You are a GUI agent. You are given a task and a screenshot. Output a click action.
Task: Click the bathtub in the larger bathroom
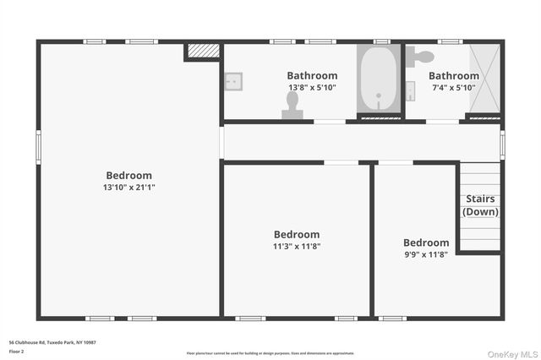coord(378,81)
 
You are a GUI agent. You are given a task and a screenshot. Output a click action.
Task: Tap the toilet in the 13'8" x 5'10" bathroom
coord(292,106)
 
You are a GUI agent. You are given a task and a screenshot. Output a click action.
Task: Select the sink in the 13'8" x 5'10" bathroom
coord(233,81)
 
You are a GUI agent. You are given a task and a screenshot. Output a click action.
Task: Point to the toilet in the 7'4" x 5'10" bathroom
coord(420,57)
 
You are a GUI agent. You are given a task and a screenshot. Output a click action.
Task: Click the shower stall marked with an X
coord(484,79)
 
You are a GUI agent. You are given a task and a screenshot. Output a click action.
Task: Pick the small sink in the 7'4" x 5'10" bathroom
coord(410,90)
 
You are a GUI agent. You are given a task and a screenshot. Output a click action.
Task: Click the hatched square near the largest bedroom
coord(203,52)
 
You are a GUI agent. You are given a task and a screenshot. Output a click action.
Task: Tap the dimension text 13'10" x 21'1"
coord(129,187)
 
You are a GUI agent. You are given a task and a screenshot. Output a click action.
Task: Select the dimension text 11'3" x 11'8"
coord(297,246)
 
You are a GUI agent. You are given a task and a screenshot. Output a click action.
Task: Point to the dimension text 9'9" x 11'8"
coord(426,254)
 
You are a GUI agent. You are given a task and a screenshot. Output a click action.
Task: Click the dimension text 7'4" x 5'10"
coord(454,87)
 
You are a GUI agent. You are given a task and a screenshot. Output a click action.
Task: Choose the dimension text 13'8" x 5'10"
coord(312,87)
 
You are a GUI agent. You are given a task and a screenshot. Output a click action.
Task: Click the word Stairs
coord(480,199)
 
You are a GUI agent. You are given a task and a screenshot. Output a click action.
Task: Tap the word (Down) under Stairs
coord(480,211)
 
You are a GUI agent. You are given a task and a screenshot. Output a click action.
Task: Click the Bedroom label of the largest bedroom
coord(129,175)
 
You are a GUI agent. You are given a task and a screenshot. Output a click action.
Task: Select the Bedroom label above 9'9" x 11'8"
coord(426,242)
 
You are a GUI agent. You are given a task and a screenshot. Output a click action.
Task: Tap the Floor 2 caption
coord(17,351)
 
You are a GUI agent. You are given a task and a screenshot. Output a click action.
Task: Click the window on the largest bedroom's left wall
coord(38,146)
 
